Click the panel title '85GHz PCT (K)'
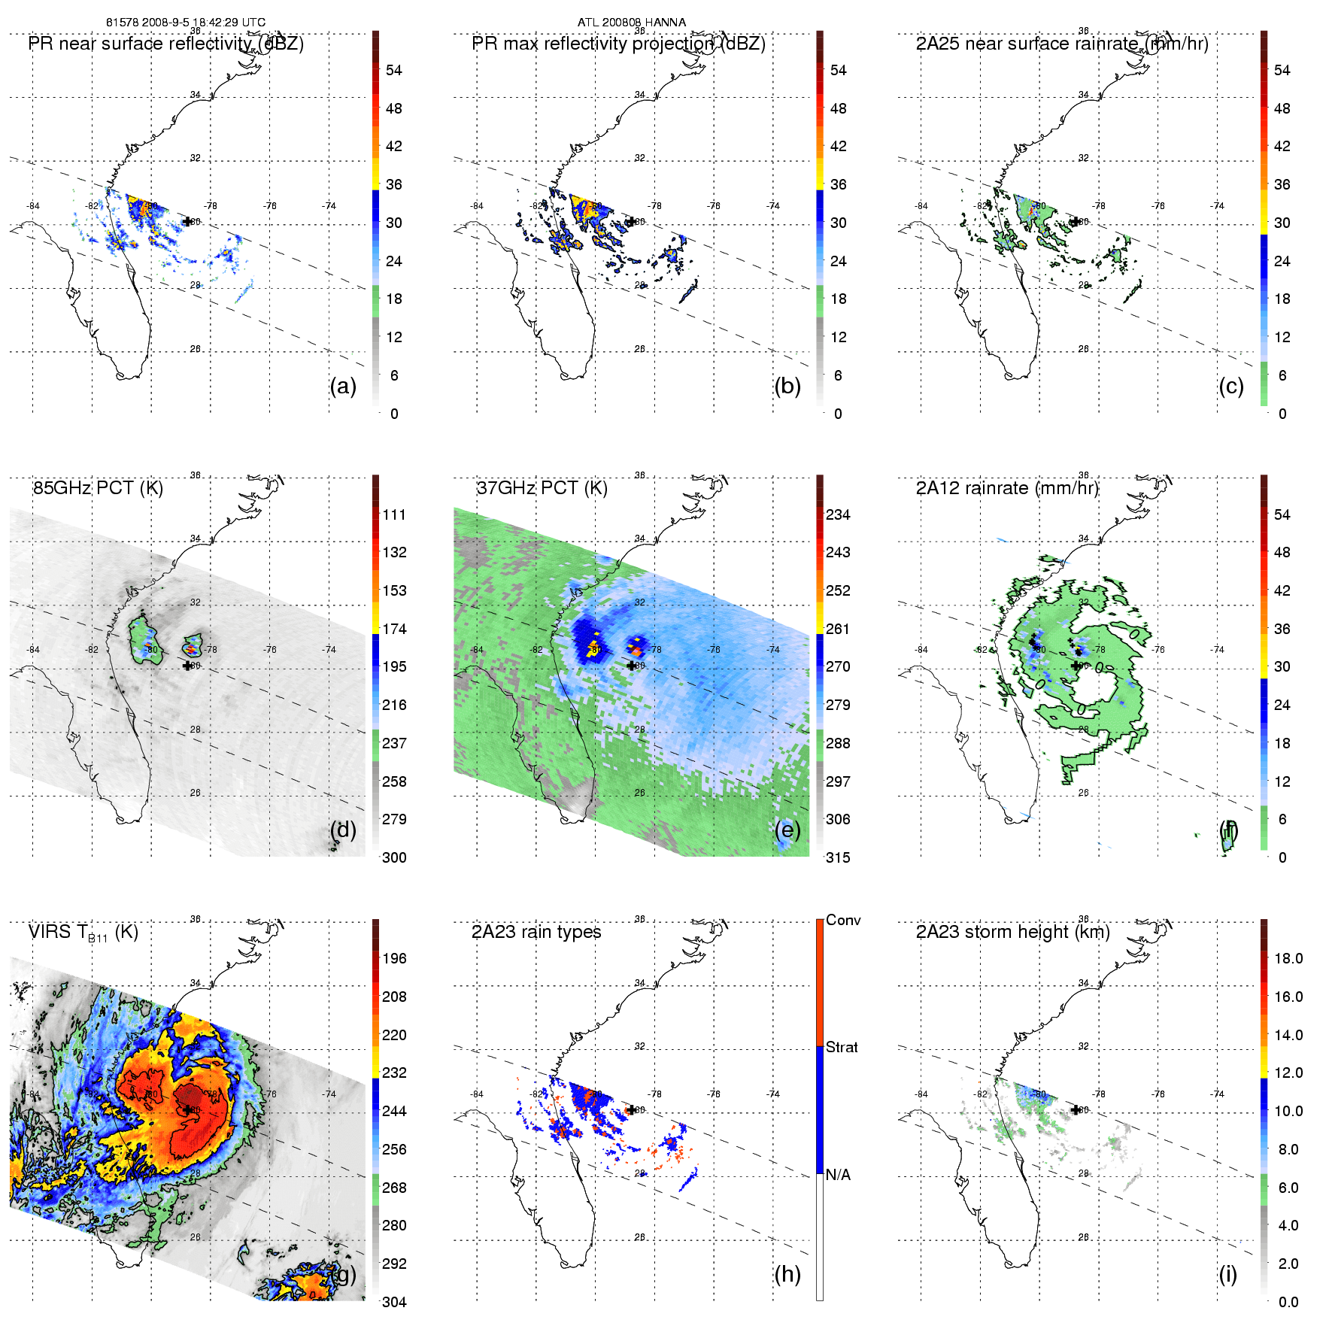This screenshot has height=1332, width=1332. pyautogui.click(x=98, y=488)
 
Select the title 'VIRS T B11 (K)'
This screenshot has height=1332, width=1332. pyautogui.click(x=83, y=933)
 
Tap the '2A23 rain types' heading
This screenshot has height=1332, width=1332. pyautogui.click(x=536, y=932)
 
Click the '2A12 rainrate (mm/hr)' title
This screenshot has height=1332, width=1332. pyautogui.click(x=1007, y=488)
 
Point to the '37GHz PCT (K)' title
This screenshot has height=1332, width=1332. pyautogui.click(x=542, y=488)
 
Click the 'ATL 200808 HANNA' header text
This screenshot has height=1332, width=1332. pyautogui.click(x=632, y=22)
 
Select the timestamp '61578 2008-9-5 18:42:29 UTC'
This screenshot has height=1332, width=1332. pyautogui.click(x=186, y=22)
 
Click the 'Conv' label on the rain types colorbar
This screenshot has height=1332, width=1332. pyautogui.click(x=843, y=920)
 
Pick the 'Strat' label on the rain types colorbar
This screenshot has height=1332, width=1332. pyautogui.click(x=842, y=1047)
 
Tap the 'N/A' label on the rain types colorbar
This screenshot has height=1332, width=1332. pyautogui.click(x=838, y=1175)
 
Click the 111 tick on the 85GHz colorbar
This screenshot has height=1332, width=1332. pyautogui.click(x=394, y=514)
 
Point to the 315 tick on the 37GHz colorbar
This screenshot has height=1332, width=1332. pyautogui.click(x=838, y=857)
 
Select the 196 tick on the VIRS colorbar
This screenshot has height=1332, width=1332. pyautogui.click(x=394, y=958)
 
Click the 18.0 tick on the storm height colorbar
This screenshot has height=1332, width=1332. pyautogui.click(x=1288, y=958)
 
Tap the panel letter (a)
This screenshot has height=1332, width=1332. pyautogui.click(x=343, y=387)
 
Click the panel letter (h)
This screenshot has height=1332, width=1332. pyautogui.click(x=787, y=1274)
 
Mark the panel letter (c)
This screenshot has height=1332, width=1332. pyautogui.click(x=1231, y=387)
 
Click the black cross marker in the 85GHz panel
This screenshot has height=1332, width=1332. pyautogui.click(x=187, y=666)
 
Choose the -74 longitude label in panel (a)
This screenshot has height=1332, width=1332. pyautogui.click(x=329, y=205)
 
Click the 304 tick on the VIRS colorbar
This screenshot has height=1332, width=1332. pyautogui.click(x=394, y=1302)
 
